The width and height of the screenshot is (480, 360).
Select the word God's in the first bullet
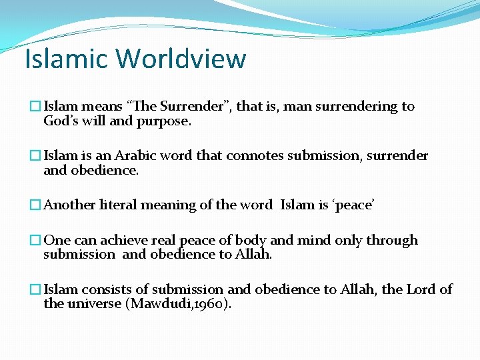(61, 121)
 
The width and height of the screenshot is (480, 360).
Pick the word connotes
(255, 156)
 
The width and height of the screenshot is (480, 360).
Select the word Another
(69, 205)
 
